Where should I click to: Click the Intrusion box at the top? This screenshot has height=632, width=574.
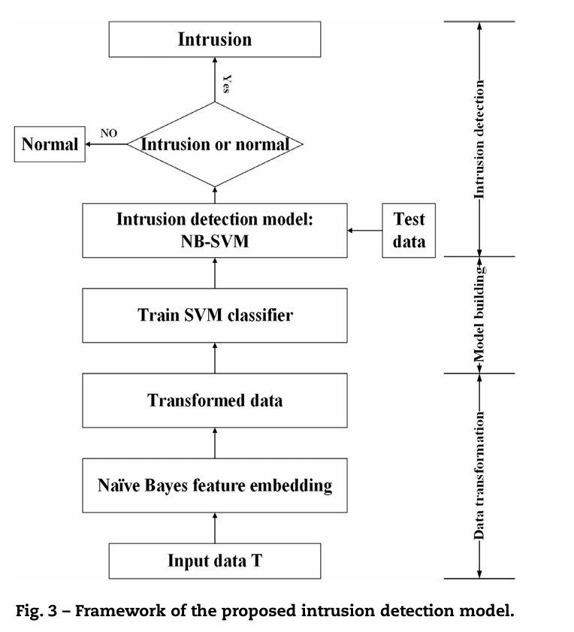[215, 39]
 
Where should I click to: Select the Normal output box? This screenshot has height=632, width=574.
[50, 144]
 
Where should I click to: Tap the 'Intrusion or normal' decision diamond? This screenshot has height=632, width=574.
[215, 144]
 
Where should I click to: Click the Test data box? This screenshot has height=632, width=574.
[409, 230]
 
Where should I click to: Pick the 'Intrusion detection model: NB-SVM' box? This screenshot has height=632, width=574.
[215, 230]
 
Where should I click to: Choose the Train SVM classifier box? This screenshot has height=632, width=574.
[215, 315]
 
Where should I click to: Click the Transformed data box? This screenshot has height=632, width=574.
[215, 400]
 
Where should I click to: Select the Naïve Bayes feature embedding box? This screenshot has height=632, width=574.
[215, 485]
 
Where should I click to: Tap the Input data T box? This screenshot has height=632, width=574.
[215, 561]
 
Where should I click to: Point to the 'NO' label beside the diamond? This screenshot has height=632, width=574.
[108, 133]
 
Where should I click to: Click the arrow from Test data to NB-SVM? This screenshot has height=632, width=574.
[365, 230]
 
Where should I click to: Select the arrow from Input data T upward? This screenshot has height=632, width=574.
[215, 528]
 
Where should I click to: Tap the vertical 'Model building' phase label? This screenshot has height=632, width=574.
[480, 316]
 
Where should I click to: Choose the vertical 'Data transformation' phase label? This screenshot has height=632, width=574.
[480, 476]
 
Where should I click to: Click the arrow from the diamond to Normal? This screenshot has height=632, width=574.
[105, 144]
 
